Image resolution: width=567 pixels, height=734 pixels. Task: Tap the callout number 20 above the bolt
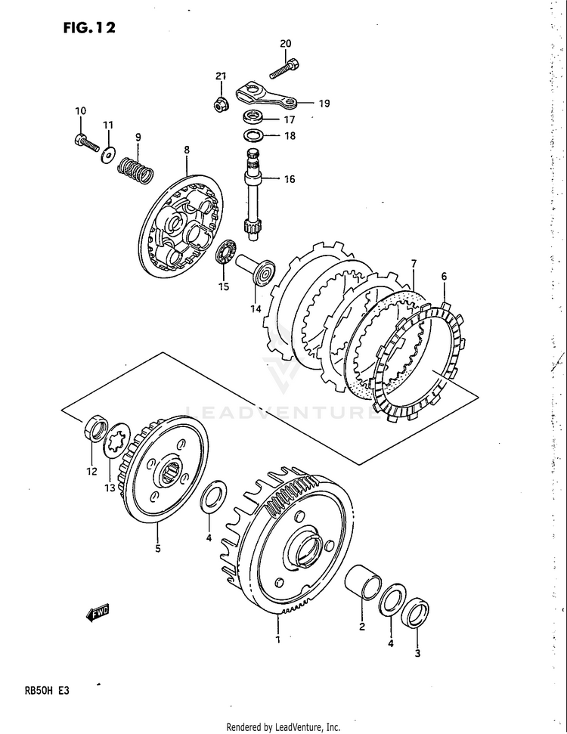[x=285, y=44]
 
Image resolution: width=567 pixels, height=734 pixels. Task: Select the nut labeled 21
[x=220, y=102]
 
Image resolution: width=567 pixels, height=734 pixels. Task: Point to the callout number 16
[x=290, y=180]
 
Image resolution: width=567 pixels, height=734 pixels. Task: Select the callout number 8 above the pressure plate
[x=187, y=150]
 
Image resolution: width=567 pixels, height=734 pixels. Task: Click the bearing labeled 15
[x=225, y=252]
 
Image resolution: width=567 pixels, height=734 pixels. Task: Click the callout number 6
[x=444, y=276]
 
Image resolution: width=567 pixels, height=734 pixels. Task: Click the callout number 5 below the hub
[x=158, y=550]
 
